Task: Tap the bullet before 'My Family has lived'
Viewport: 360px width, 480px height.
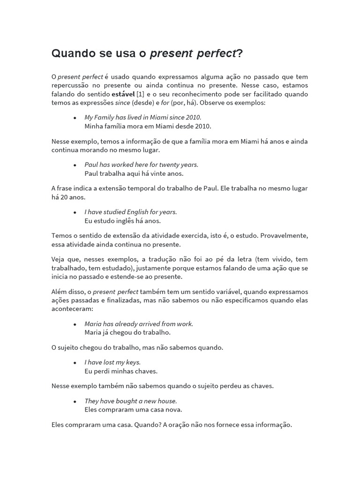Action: tap(75, 118)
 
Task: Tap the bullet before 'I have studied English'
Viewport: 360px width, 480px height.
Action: tap(75, 212)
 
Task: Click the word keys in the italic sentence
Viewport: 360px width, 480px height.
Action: tap(132, 362)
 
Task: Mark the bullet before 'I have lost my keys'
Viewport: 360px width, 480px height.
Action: tap(75, 363)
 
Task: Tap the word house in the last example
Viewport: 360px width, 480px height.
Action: tap(167, 401)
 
